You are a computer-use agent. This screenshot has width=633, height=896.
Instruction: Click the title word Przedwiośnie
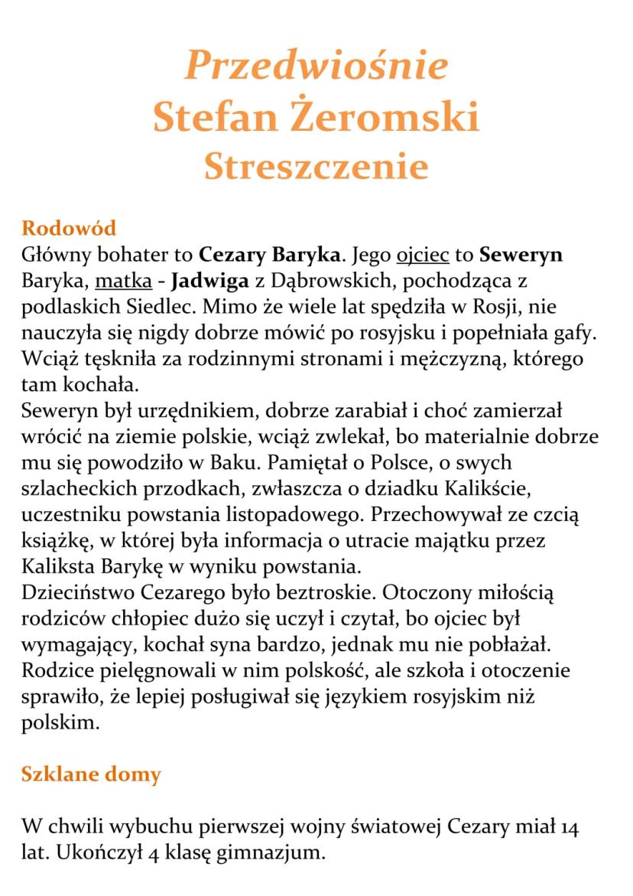[x=316, y=66]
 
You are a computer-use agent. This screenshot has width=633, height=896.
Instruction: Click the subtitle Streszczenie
[x=316, y=166]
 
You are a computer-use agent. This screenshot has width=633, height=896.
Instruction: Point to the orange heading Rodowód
[x=69, y=228]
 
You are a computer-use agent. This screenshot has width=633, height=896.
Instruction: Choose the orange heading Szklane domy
[x=91, y=774]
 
